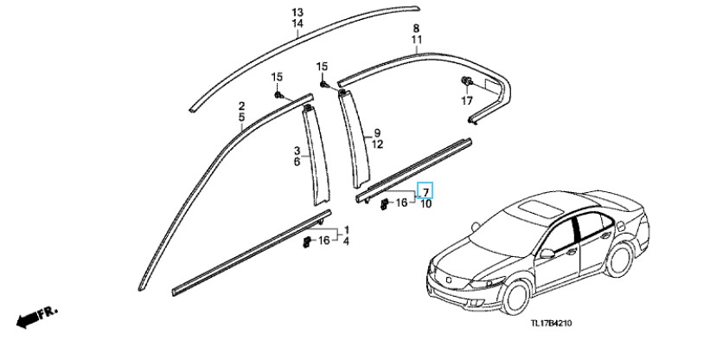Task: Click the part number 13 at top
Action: coord(297,12)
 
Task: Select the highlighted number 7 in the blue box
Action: coord(425,190)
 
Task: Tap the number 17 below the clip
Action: coord(467,101)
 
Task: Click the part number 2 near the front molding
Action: coord(241,105)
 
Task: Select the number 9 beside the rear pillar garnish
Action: coord(377,132)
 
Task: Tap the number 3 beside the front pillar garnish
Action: coord(296,150)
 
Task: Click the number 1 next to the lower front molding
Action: coord(347,229)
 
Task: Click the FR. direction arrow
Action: coord(35,317)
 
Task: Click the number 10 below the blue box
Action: coord(425,203)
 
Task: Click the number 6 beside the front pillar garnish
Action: coord(296,162)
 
